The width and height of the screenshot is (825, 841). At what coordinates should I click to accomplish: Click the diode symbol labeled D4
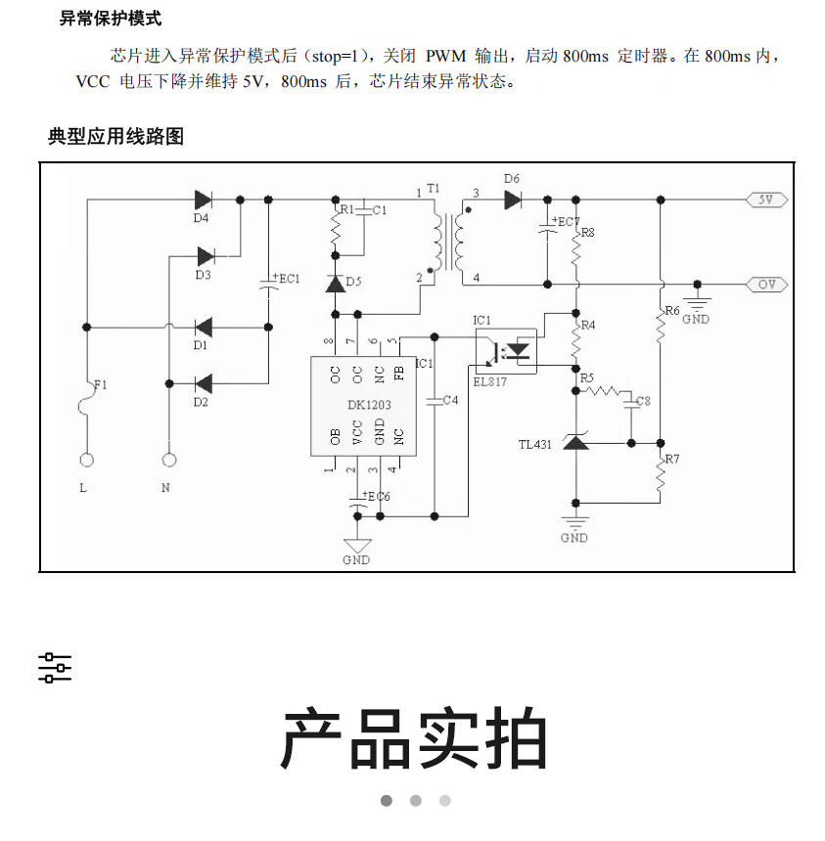coord(204,199)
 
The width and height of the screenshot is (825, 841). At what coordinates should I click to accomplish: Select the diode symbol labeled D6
coord(513,199)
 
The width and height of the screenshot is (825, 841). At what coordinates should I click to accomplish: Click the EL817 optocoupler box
coord(507,349)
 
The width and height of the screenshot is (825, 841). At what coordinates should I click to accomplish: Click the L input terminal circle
coord(87,459)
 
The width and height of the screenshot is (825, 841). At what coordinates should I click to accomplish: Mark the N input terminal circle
coord(169,459)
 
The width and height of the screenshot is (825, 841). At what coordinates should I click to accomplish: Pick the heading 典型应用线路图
coord(115,137)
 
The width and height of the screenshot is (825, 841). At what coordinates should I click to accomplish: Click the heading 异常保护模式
coord(111,19)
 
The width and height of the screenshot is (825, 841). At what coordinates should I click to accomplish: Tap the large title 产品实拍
coord(413,740)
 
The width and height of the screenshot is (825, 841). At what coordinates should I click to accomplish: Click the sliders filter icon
coord(55,668)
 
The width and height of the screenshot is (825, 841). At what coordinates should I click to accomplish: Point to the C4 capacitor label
coord(450,400)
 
